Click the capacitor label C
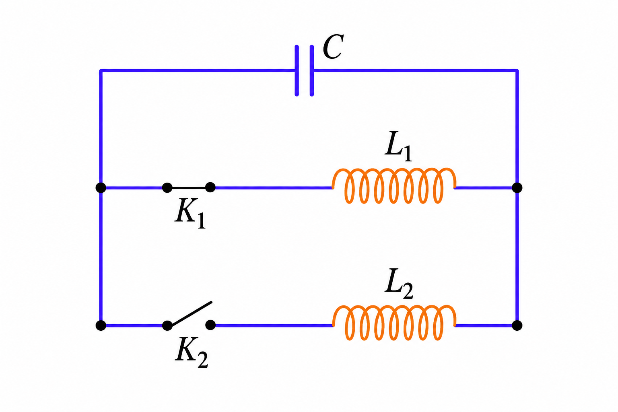click(x=333, y=47)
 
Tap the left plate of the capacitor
click(x=297, y=71)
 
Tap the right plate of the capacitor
click(x=312, y=71)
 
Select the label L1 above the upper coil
click(x=398, y=146)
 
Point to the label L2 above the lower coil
click(x=399, y=283)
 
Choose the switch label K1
click(x=190, y=213)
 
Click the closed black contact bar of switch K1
click(x=189, y=187)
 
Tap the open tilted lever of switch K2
click(x=192, y=314)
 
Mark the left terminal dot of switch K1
click(x=167, y=187)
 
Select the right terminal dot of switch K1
click(x=210, y=187)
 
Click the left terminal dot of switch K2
click(x=167, y=325)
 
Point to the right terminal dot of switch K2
click(x=210, y=325)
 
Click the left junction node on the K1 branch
click(x=101, y=187)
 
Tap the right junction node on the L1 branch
click(x=517, y=187)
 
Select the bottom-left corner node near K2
click(x=101, y=325)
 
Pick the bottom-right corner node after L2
click(x=517, y=325)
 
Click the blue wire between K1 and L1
click(x=274, y=188)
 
